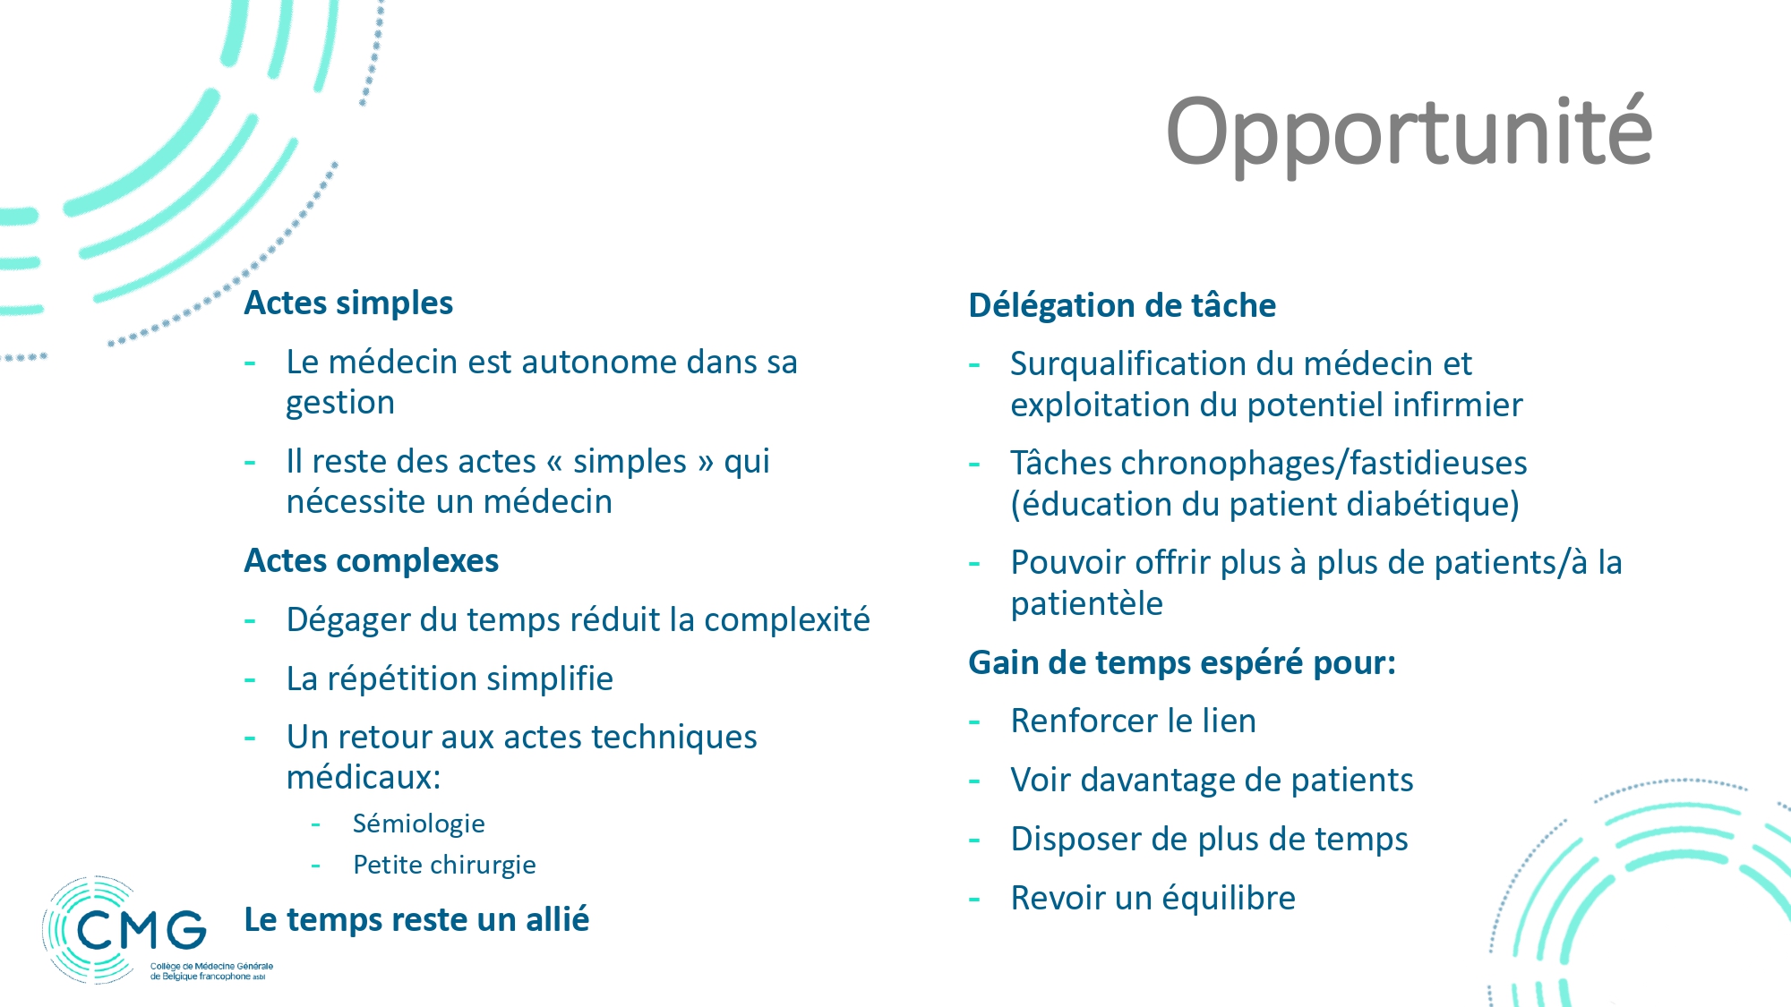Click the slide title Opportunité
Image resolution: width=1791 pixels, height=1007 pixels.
point(1409,132)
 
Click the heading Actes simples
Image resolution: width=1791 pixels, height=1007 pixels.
point(348,303)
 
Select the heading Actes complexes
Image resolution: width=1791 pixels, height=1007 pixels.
point(372,561)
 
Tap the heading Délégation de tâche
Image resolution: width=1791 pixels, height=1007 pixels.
point(1122,305)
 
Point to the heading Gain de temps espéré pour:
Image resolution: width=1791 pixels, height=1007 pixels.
point(1182,663)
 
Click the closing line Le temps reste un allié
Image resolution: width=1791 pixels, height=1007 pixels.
point(416,919)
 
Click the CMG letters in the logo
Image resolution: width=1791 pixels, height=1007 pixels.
point(141,930)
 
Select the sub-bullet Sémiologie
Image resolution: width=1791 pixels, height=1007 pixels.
point(418,824)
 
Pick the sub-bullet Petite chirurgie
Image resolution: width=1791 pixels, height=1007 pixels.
point(444,865)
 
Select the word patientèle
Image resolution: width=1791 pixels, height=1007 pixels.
point(1086,604)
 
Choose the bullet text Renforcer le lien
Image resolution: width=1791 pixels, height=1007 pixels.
point(1133,721)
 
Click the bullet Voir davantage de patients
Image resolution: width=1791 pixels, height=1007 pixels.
point(1212,781)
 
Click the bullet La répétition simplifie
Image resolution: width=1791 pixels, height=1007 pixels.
point(450,679)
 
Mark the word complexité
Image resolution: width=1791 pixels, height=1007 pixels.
point(787,620)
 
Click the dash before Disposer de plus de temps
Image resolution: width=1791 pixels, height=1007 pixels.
point(975,841)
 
